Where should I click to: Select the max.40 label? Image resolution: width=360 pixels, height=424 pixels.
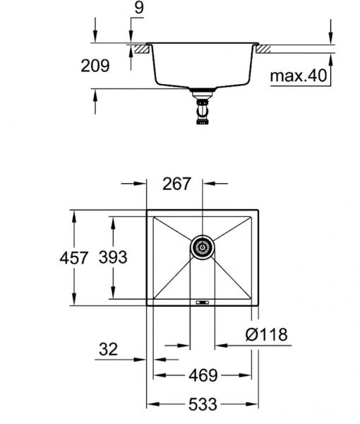tap(299, 75)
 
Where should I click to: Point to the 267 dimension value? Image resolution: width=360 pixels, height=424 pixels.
tap(176, 184)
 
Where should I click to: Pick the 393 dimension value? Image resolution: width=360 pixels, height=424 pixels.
tap(113, 258)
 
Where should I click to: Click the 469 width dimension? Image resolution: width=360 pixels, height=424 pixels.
tap(202, 376)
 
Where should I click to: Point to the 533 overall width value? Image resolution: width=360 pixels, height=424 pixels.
tap(203, 405)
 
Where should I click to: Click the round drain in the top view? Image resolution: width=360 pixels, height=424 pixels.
tap(203, 247)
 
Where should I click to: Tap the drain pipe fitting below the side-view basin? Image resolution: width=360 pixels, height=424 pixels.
tap(203, 110)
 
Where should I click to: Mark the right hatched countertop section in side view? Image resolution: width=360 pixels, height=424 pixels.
tap(266, 50)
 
